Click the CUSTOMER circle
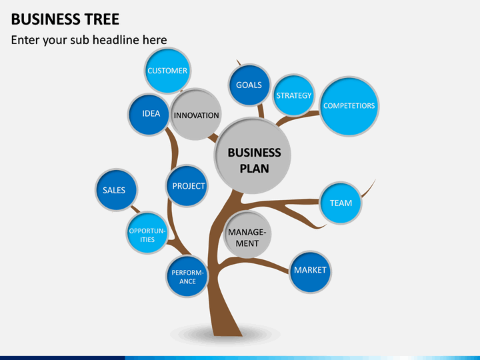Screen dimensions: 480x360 167,71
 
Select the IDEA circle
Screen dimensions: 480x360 149,115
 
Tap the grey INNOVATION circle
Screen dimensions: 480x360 196,115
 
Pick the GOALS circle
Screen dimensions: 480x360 249,85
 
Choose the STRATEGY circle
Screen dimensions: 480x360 294,95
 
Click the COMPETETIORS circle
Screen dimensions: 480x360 349,106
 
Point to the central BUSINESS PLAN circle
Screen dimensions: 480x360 253,155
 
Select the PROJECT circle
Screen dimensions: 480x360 187,186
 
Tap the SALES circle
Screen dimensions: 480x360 116,190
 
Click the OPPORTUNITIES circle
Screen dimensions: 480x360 147,233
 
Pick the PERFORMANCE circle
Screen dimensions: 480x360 187,277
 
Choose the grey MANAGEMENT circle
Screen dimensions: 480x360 247,234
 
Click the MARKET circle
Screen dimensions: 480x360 311,272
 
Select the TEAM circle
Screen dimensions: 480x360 341,203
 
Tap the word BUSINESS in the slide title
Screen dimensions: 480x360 46,19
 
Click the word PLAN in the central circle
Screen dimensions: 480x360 255,169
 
